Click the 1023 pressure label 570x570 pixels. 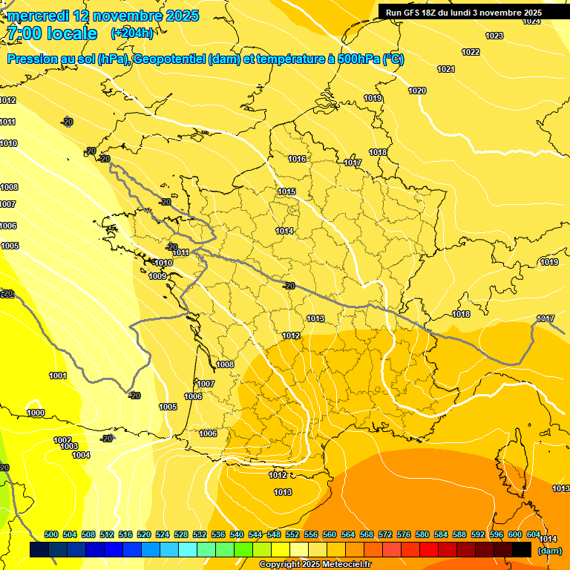click(x=494, y=36)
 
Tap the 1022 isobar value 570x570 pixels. click(x=471, y=52)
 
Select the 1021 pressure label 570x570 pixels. click(x=446, y=69)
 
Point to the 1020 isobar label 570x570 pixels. click(x=417, y=91)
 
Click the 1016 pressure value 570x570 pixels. click(x=298, y=159)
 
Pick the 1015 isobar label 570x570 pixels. click(x=287, y=191)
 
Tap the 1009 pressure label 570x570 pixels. click(x=157, y=276)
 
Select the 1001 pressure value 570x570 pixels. click(x=58, y=376)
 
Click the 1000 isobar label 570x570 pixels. click(x=36, y=413)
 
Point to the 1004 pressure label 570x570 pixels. click(x=81, y=455)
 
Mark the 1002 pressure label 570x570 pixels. click(x=62, y=440)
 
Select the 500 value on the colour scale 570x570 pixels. click(x=51, y=534)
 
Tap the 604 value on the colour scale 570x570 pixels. click(x=534, y=534)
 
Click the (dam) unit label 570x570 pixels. click(x=549, y=551)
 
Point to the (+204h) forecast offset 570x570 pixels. click(x=132, y=33)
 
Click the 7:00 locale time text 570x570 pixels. click(x=52, y=33)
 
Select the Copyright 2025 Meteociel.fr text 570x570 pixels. click(x=315, y=564)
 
